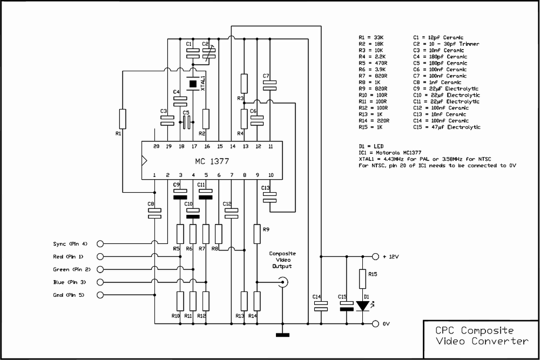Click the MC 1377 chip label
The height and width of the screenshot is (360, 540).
pos(212,161)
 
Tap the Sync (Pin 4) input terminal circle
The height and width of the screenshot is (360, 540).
pos(100,243)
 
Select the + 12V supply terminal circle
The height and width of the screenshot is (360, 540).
pos(375,256)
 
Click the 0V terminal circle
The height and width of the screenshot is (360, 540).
pos(375,323)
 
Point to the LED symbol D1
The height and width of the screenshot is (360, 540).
pos(363,306)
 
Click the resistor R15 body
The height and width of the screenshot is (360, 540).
pos(363,279)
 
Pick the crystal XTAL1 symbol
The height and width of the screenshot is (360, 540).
pos(193,84)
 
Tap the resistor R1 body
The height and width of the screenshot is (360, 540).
pos(122,119)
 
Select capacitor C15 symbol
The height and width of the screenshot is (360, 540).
pos(347,306)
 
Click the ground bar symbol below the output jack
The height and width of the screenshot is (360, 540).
pos(283,335)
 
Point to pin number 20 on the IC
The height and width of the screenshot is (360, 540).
pos(157,146)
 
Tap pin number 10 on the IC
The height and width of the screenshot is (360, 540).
pos(271,175)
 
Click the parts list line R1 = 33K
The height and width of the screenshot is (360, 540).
pos(371,38)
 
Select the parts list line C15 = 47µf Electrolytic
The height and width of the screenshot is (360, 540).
pos(447,127)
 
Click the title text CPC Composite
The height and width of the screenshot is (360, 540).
pos(474,330)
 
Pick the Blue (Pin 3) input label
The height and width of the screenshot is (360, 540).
pos(69,282)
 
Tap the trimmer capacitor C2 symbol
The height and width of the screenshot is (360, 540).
pos(208,53)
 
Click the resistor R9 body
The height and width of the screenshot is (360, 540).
pos(257,234)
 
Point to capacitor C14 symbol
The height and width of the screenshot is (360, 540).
pos(321,306)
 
